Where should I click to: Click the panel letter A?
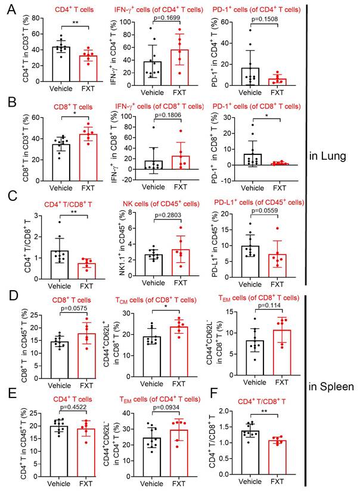pos(9,11)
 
